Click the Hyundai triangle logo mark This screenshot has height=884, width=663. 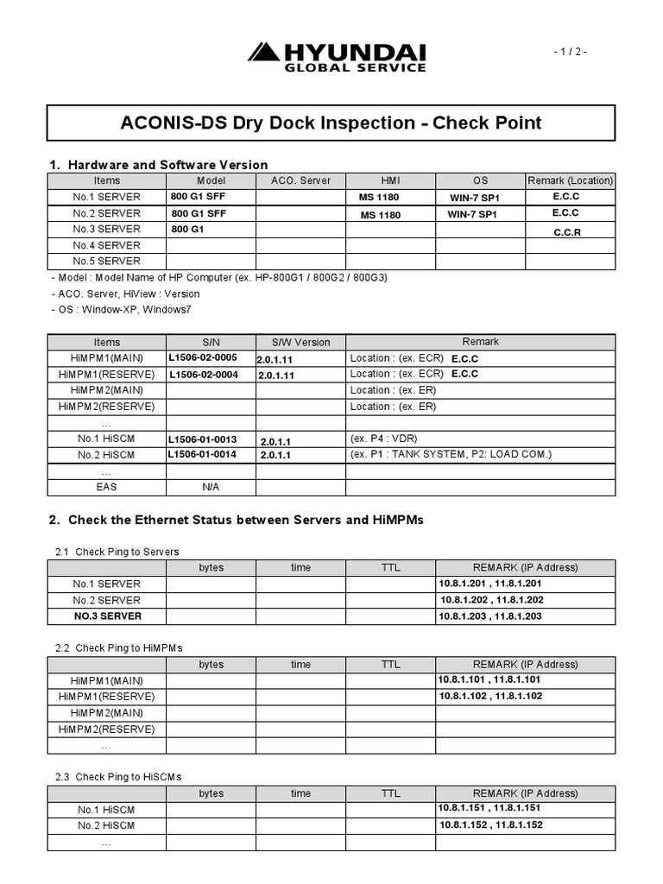click(262, 52)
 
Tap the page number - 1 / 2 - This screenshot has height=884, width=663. click(571, 52)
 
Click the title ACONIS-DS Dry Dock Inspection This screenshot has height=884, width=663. click(331, 123)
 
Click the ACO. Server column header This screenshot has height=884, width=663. click(300, 180)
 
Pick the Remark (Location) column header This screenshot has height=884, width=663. click(570, 180)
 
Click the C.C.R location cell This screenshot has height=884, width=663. click(566, 233)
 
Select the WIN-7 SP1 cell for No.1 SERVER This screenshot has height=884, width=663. click(472, 198)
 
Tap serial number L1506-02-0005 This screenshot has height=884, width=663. click(203, 357)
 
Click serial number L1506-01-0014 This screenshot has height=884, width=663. click(203, 454)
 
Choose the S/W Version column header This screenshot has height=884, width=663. click(300, 342)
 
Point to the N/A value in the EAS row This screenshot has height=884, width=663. click(211, 487)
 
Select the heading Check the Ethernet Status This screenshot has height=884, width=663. click(245, 520)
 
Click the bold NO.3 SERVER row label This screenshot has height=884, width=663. click(107, 616)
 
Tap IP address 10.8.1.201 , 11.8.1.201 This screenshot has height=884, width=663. click(490, 584)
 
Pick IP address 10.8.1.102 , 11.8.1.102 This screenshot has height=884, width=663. click(490, 696)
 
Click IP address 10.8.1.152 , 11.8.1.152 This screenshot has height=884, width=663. click(490, 824)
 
